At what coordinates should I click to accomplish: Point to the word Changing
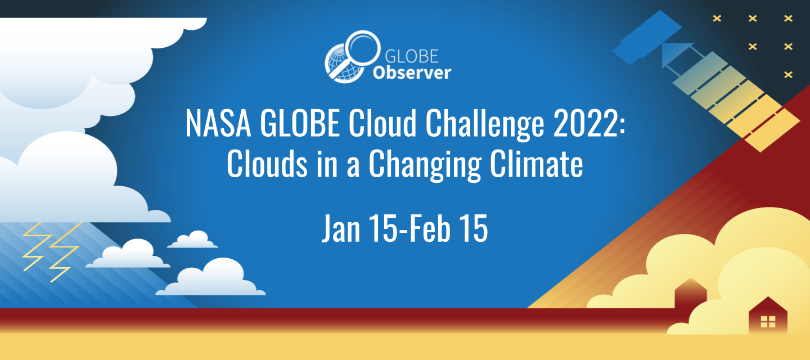click(425, 165)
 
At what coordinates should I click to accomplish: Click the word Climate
click(537, 164)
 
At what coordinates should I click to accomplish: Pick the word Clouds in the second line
click(267, 164)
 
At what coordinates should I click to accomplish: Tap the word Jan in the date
click(341, 228)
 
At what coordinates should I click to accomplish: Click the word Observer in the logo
click(412, 73)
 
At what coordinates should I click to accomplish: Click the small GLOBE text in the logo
click(412, 56)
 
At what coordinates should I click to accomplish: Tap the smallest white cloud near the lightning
click(192, 239)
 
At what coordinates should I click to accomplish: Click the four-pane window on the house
click(768, 321)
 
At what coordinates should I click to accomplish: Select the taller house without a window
click(691, 292)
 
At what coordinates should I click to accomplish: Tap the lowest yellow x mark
click(788, 75)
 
